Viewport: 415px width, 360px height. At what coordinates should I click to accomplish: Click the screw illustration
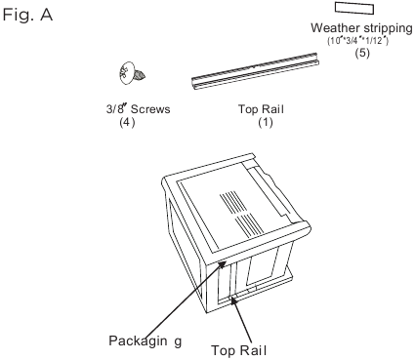point(128,76)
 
